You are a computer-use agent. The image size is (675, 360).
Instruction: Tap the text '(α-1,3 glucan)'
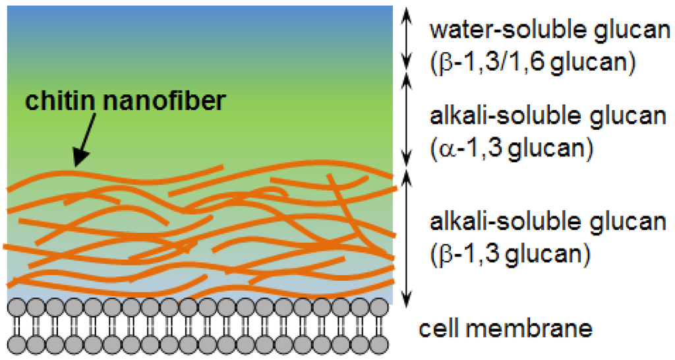pyautogui.click(x=511, y=149)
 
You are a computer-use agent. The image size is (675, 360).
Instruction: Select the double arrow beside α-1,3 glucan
pyautogui.click(x=407, y=122)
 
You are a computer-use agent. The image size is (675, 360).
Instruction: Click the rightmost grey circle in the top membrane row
pyautogui.click(x=379, y=307)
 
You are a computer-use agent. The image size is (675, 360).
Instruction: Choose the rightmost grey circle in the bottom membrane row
pyautogui.click(x=379, y=345)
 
